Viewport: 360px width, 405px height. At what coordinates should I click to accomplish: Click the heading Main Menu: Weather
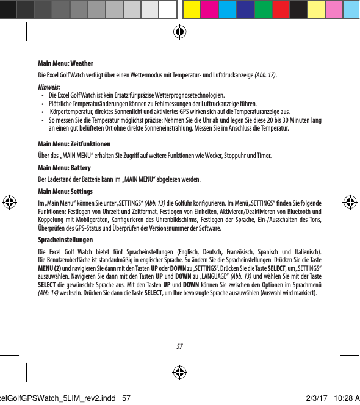65,63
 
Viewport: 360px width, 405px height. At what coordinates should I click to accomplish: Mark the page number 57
179,346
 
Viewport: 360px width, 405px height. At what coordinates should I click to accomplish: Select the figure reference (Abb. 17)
264,74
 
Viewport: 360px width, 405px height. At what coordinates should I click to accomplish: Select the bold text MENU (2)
49,268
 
